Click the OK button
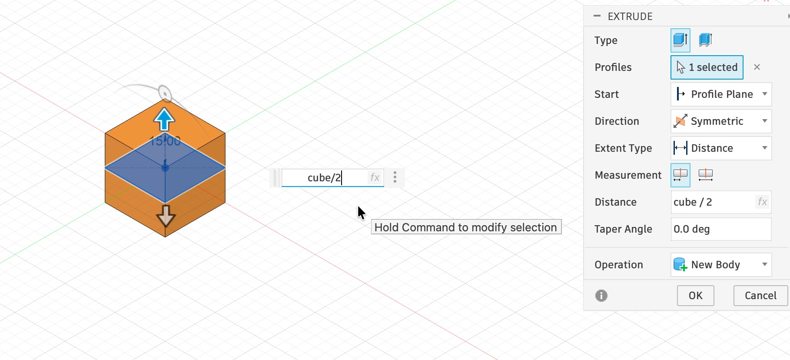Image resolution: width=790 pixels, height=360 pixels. click(695, 296)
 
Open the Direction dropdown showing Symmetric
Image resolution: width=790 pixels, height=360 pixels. click(721, 121)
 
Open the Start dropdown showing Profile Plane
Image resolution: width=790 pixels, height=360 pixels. click(721, 94)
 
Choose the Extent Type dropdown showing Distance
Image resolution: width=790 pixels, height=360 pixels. click(721, 148)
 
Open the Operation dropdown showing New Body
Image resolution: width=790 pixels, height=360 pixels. click(721, 265)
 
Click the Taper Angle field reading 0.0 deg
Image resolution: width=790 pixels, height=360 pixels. click(721, 229)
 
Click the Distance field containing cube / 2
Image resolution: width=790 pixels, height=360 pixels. click(721, 202)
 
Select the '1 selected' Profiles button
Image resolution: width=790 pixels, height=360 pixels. click(707, 67)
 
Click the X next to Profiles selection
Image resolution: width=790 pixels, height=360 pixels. click(757, 67)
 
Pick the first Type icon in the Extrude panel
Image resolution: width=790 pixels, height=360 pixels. click(680, 40)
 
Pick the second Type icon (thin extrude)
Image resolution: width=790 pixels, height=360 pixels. click(705, 40)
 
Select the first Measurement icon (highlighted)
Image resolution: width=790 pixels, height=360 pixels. click(680, 175)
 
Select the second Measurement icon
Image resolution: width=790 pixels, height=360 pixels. click(706, 175)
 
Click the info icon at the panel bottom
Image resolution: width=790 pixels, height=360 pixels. click(601, 296)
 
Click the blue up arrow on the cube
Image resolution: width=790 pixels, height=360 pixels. click(164, 119)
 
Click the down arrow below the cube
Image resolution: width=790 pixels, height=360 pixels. click(166, 216)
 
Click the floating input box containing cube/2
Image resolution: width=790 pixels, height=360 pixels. click(333, 178)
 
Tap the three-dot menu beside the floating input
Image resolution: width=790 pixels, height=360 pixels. click(395, 177)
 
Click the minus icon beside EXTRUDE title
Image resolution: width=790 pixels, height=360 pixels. click(597, 16)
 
